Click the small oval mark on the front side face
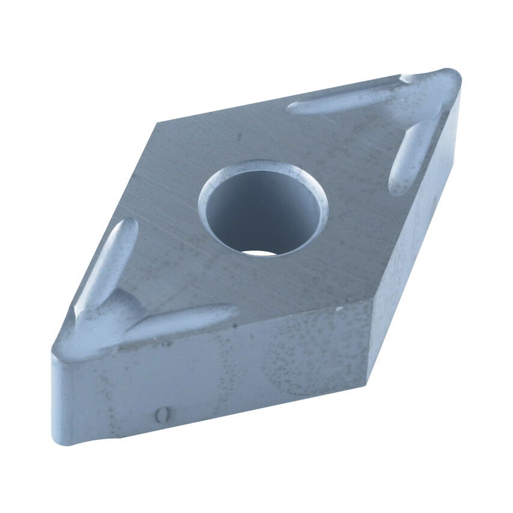tap(160, 414)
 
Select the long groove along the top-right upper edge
tap(342, 102)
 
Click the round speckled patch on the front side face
tap(300, 354)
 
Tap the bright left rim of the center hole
tap(204, 204)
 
